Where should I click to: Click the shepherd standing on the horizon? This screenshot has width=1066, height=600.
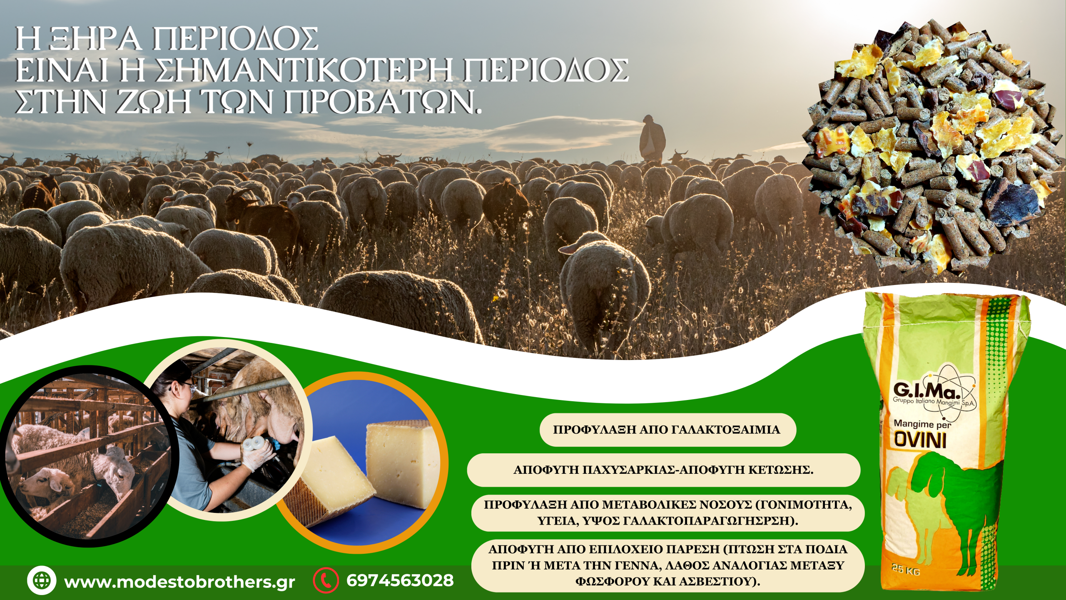coord(652,138)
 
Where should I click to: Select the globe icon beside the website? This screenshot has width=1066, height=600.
coord(41,580)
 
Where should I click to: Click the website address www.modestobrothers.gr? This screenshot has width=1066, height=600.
coord(179,582)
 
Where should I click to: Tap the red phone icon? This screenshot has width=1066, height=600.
coord(326,580)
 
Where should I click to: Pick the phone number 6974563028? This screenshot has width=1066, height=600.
coord(400,580)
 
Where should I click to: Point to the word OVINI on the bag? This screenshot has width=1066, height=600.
coord(920,441)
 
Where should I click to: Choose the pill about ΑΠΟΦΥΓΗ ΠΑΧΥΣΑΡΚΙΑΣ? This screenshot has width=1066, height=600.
coord(663,470)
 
